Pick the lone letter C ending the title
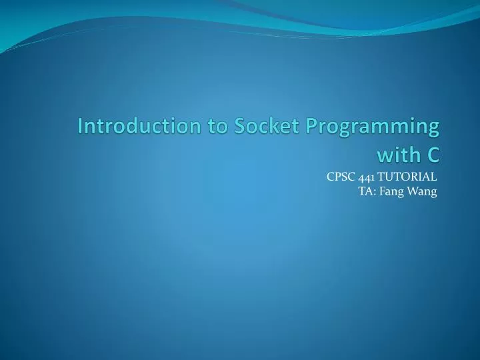pos(433,155)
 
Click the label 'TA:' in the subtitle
pos(366,191)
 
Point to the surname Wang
pos(422,192)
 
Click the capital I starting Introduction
pos(81,125)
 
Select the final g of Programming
pos(433,128)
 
